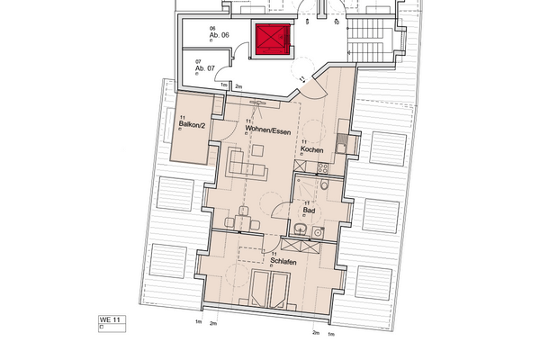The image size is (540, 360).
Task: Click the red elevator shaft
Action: click(271, 39)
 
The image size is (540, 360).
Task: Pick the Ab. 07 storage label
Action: click(205, 67)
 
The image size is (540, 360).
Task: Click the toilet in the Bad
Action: click(323, 186)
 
